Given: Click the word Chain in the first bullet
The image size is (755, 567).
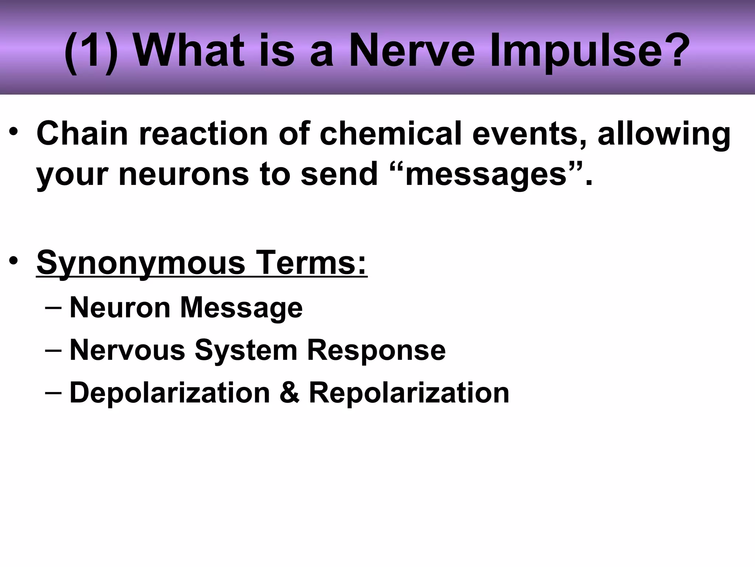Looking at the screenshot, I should pyautogui.click(x=82, y=133).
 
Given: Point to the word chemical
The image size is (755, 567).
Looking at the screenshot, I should pyautogui.click(x=390, y=133).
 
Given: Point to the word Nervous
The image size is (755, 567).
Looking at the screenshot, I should pyautogui.click(x=128, y=350).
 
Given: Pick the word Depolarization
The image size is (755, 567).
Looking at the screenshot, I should pyautogui.click(x=170, y=393).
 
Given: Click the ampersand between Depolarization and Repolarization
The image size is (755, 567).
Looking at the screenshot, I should pyautogui.click(x=289, y=393).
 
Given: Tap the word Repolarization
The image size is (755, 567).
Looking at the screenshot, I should pyautogui.click(x=409, y=393).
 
